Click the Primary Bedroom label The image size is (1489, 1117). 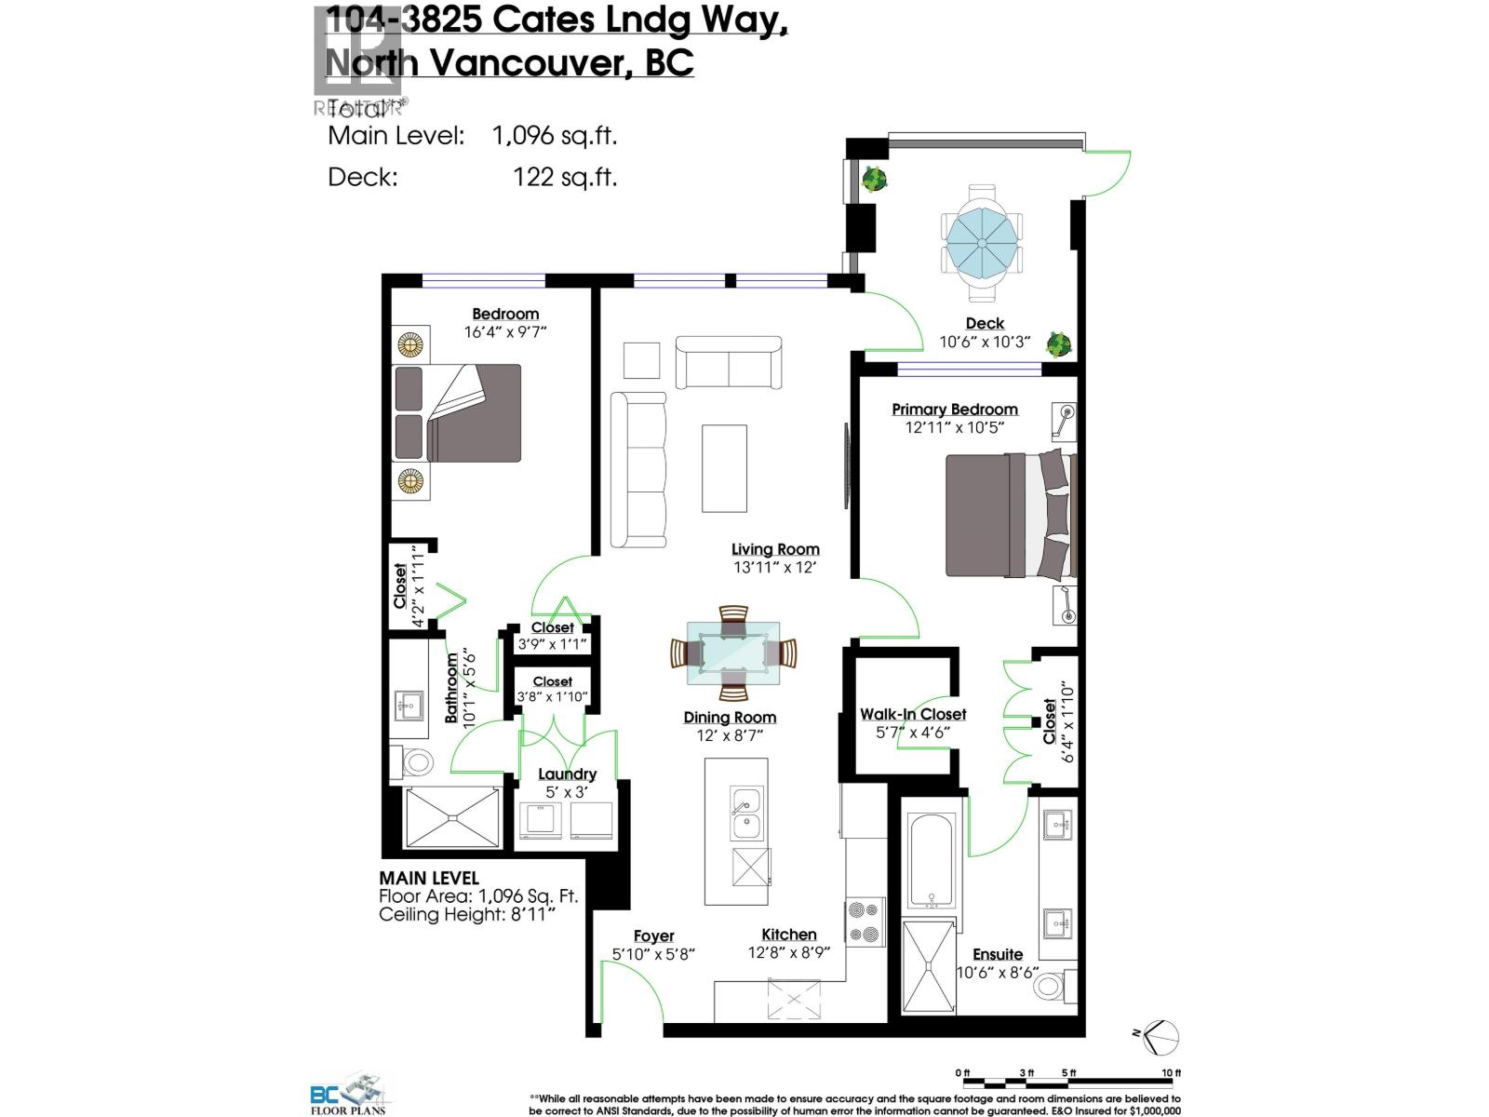click(x=954, y=410)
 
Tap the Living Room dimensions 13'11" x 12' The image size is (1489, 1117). click(x=774, y=567)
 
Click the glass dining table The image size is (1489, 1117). click(x=733, y=653)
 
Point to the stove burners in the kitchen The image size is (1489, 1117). click(x=865, y=922)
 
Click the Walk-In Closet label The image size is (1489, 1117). click(x=912, y=714)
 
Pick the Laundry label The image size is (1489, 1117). click(x=567, y=774)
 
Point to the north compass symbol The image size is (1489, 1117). click(x=1159, y=1038)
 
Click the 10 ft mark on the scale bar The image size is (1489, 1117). click(x=1171, y=1073)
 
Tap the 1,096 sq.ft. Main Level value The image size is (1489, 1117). click(x=555, y=136)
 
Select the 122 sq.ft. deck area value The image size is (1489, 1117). click(x=565, y=177)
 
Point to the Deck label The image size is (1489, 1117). click(x=985, y=323)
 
